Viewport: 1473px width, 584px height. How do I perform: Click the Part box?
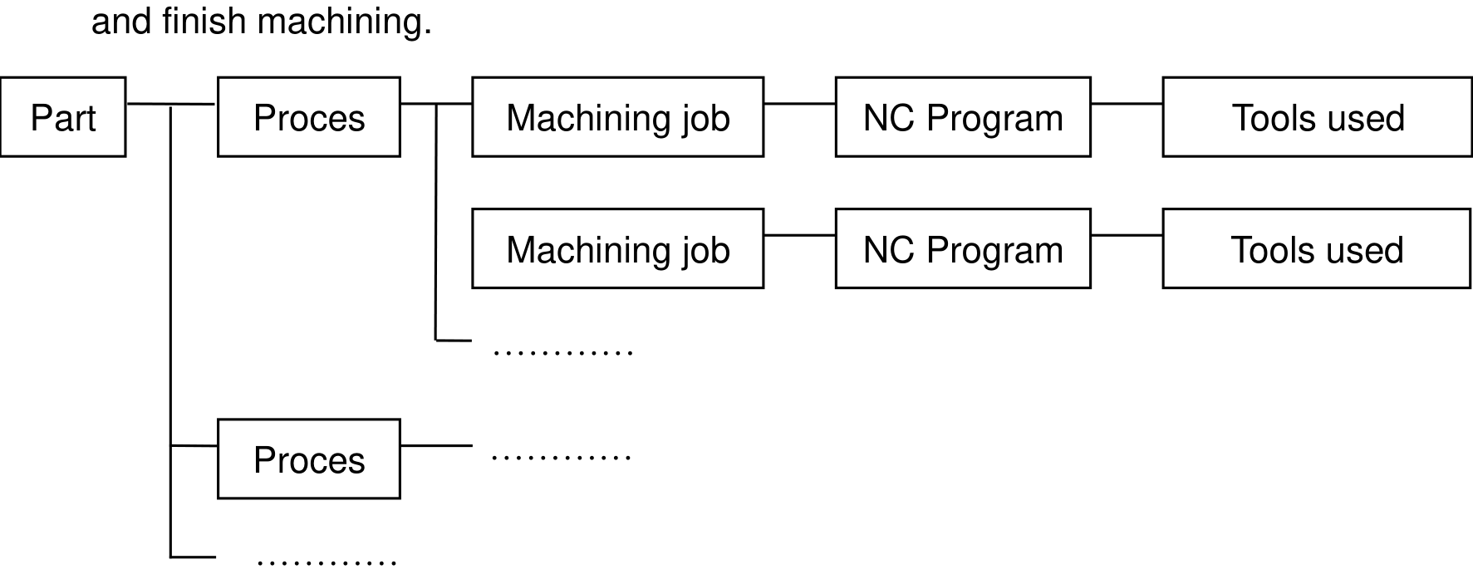(x=63, y=117)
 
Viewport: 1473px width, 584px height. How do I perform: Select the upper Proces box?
(x=309, y=117)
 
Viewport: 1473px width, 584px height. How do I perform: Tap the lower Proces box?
(x=309, y=459)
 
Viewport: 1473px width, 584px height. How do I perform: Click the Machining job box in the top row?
(x=618, y=117)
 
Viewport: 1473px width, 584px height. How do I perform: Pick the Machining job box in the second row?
(x=618, y=249)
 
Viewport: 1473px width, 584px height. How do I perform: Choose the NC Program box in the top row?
(x=963, y=117)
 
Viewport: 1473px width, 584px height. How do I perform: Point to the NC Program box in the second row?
(x=963, y=249)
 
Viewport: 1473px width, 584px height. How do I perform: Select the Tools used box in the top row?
(x=1317, y=117)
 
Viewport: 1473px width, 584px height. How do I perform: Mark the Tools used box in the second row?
(x=1317, y=249)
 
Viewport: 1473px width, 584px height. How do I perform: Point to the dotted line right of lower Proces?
(x=562, y=457)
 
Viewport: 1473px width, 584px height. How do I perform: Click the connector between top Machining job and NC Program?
(x=799, y=104)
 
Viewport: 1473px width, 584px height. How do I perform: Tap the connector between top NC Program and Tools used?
(x=1127, y=104)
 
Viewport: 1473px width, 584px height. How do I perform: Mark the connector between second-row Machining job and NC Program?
(x=799, y=236)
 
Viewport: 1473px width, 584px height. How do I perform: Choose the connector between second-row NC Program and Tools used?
(x=1127, y=236)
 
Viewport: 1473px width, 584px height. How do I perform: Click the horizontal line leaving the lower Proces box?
(x=436, y=446)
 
